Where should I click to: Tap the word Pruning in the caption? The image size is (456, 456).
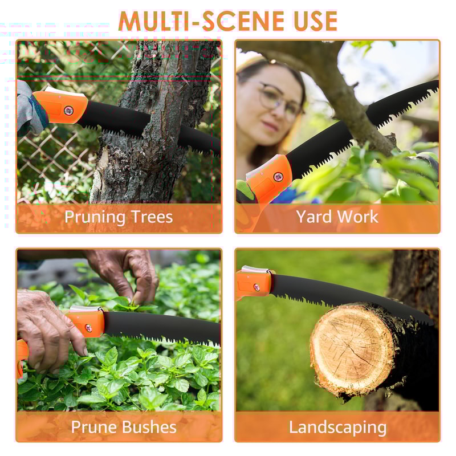[95, 217]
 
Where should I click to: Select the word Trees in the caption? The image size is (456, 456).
[151, 217]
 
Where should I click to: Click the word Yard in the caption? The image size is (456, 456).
[315, 217]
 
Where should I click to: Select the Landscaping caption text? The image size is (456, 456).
[337, 427]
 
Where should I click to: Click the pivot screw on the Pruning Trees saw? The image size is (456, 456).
[68, 110]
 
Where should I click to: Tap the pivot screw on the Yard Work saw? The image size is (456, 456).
[278, 177]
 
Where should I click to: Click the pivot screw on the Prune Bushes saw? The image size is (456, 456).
[88, 327]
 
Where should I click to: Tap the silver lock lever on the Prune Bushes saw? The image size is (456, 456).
[85, 308]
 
